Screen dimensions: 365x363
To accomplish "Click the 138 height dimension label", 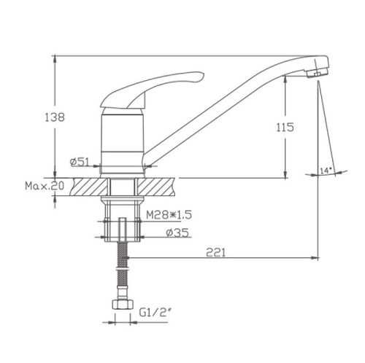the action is point(55,117).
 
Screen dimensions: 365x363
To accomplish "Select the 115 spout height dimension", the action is point(285,127).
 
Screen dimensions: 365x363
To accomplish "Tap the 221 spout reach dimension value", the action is point(216,252).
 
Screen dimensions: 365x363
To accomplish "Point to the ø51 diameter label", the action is point(80,162).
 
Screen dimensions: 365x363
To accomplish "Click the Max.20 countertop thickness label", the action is point(45,186).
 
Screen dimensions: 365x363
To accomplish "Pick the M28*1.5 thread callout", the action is point(169,214).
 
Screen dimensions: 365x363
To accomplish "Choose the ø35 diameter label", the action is point(177,233).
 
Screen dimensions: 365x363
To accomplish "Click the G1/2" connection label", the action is point(154,312).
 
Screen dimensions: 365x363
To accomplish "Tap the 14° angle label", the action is point(326,171).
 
